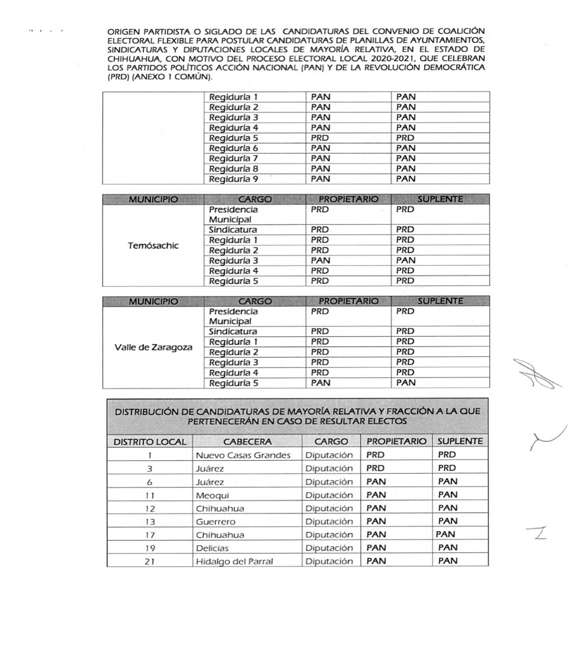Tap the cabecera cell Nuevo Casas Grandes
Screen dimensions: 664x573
(243, 455)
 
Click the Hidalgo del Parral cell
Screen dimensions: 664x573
(234, 560)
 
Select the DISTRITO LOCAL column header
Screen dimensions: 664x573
(151, 442)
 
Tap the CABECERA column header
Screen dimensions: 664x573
(247, 442)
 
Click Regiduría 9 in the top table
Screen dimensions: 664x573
(234, 178)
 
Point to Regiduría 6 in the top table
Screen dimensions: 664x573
(234, 148)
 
